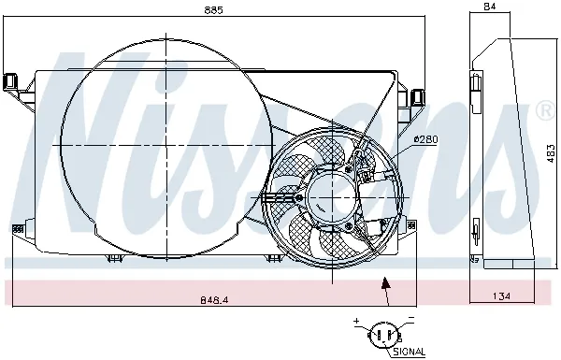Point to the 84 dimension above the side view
(490, 8)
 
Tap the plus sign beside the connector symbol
(357, 322)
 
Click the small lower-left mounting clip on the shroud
(16, 229)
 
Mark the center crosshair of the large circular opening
(165, 145)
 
